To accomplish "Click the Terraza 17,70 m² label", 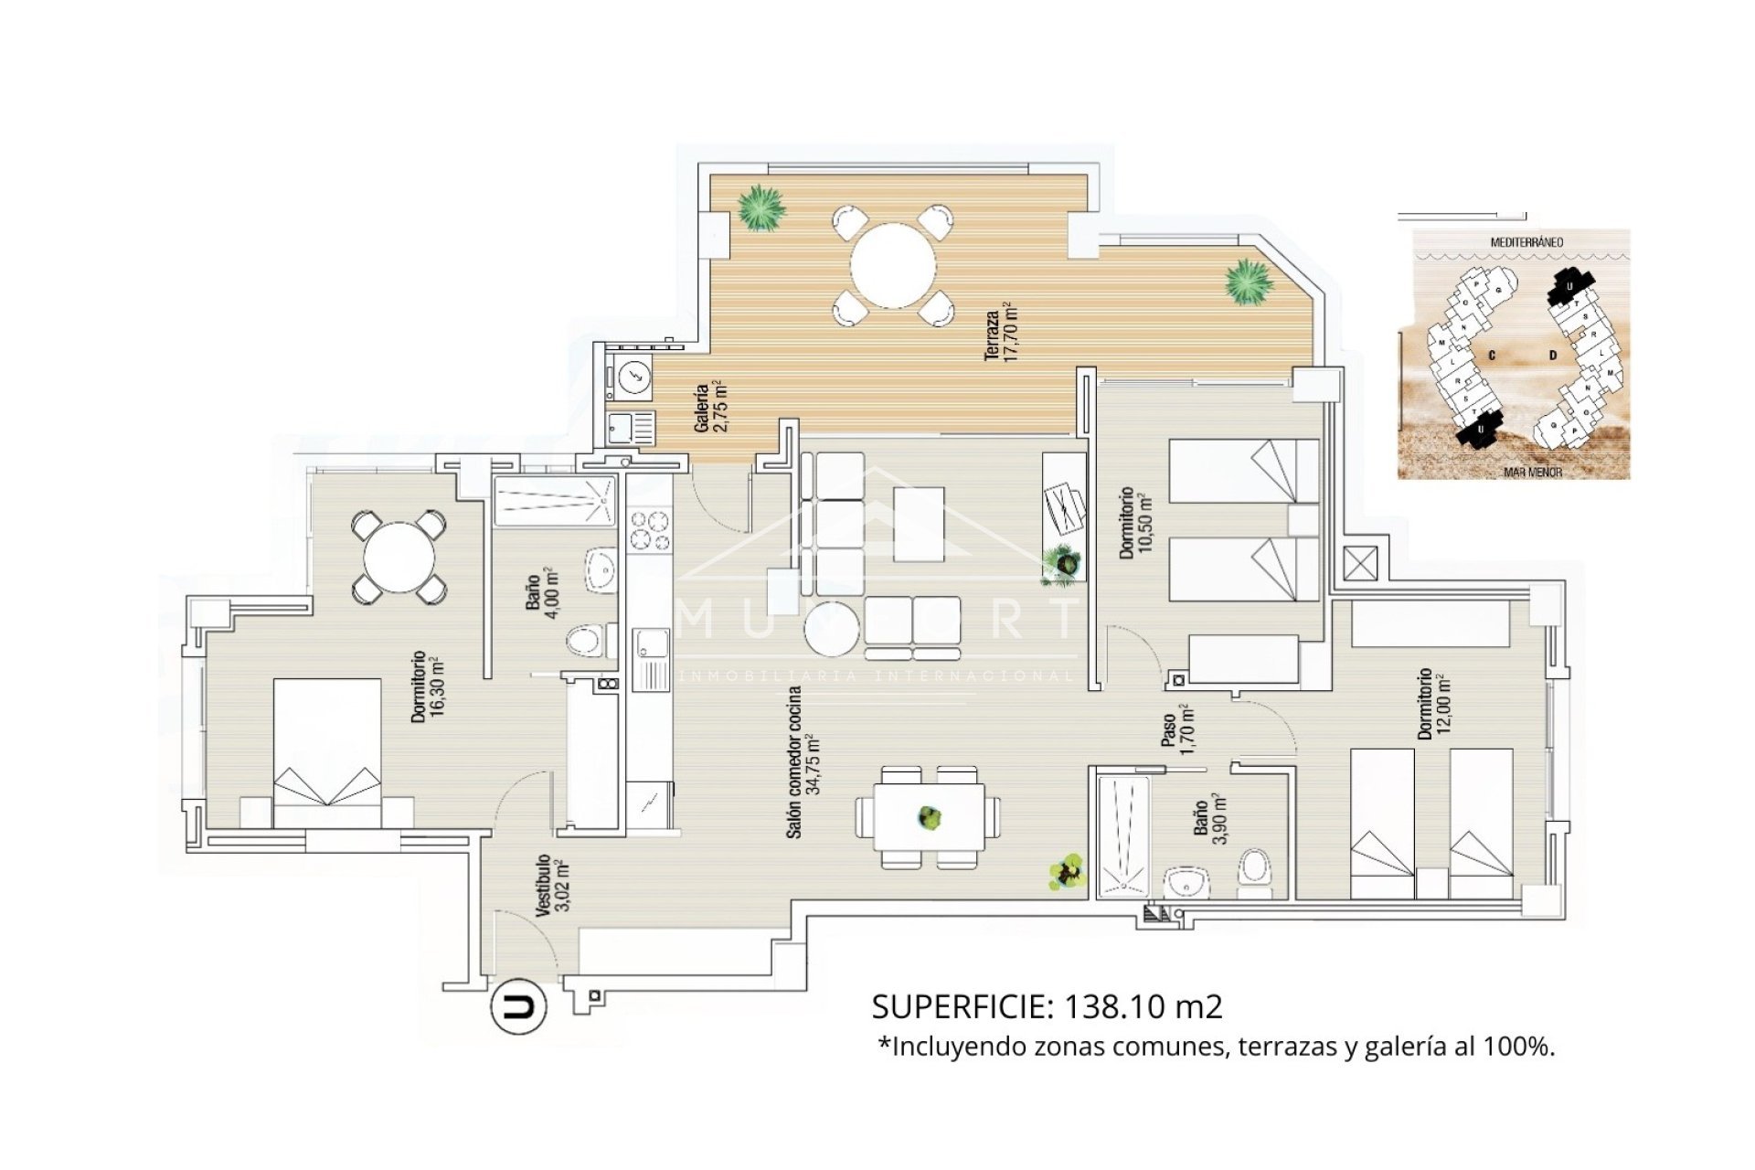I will coord(1000,332).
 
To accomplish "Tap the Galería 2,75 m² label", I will coord(709,408).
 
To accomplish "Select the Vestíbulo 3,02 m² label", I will coord(549,886).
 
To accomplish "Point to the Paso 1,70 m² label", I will coord(1176,729).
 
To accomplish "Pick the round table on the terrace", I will coord(893,266).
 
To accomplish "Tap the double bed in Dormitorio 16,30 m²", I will coord(327,753).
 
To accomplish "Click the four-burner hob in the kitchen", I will coord(650,530).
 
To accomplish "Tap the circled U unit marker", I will coord(519,1007).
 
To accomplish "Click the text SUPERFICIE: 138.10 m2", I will coord(1047,1006).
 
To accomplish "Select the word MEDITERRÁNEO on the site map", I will coord(1526,242).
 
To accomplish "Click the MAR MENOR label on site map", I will coord(1533,473).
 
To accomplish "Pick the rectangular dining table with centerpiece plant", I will coord(929,818).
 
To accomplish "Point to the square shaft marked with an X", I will coord(1358,564).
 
